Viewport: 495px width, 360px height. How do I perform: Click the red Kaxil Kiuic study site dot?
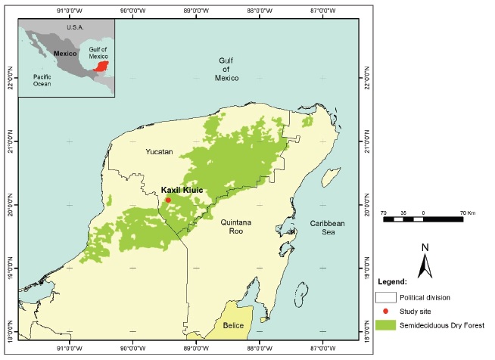click(168, 200)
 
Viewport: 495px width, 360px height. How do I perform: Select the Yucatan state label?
click(160, 152)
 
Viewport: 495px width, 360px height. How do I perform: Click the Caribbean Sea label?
click(327, 228)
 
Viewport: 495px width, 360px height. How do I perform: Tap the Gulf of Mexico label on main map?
click(228, 69)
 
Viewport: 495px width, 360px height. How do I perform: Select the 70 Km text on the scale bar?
click(456, 213)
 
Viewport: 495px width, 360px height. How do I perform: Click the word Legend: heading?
click(391, 281)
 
